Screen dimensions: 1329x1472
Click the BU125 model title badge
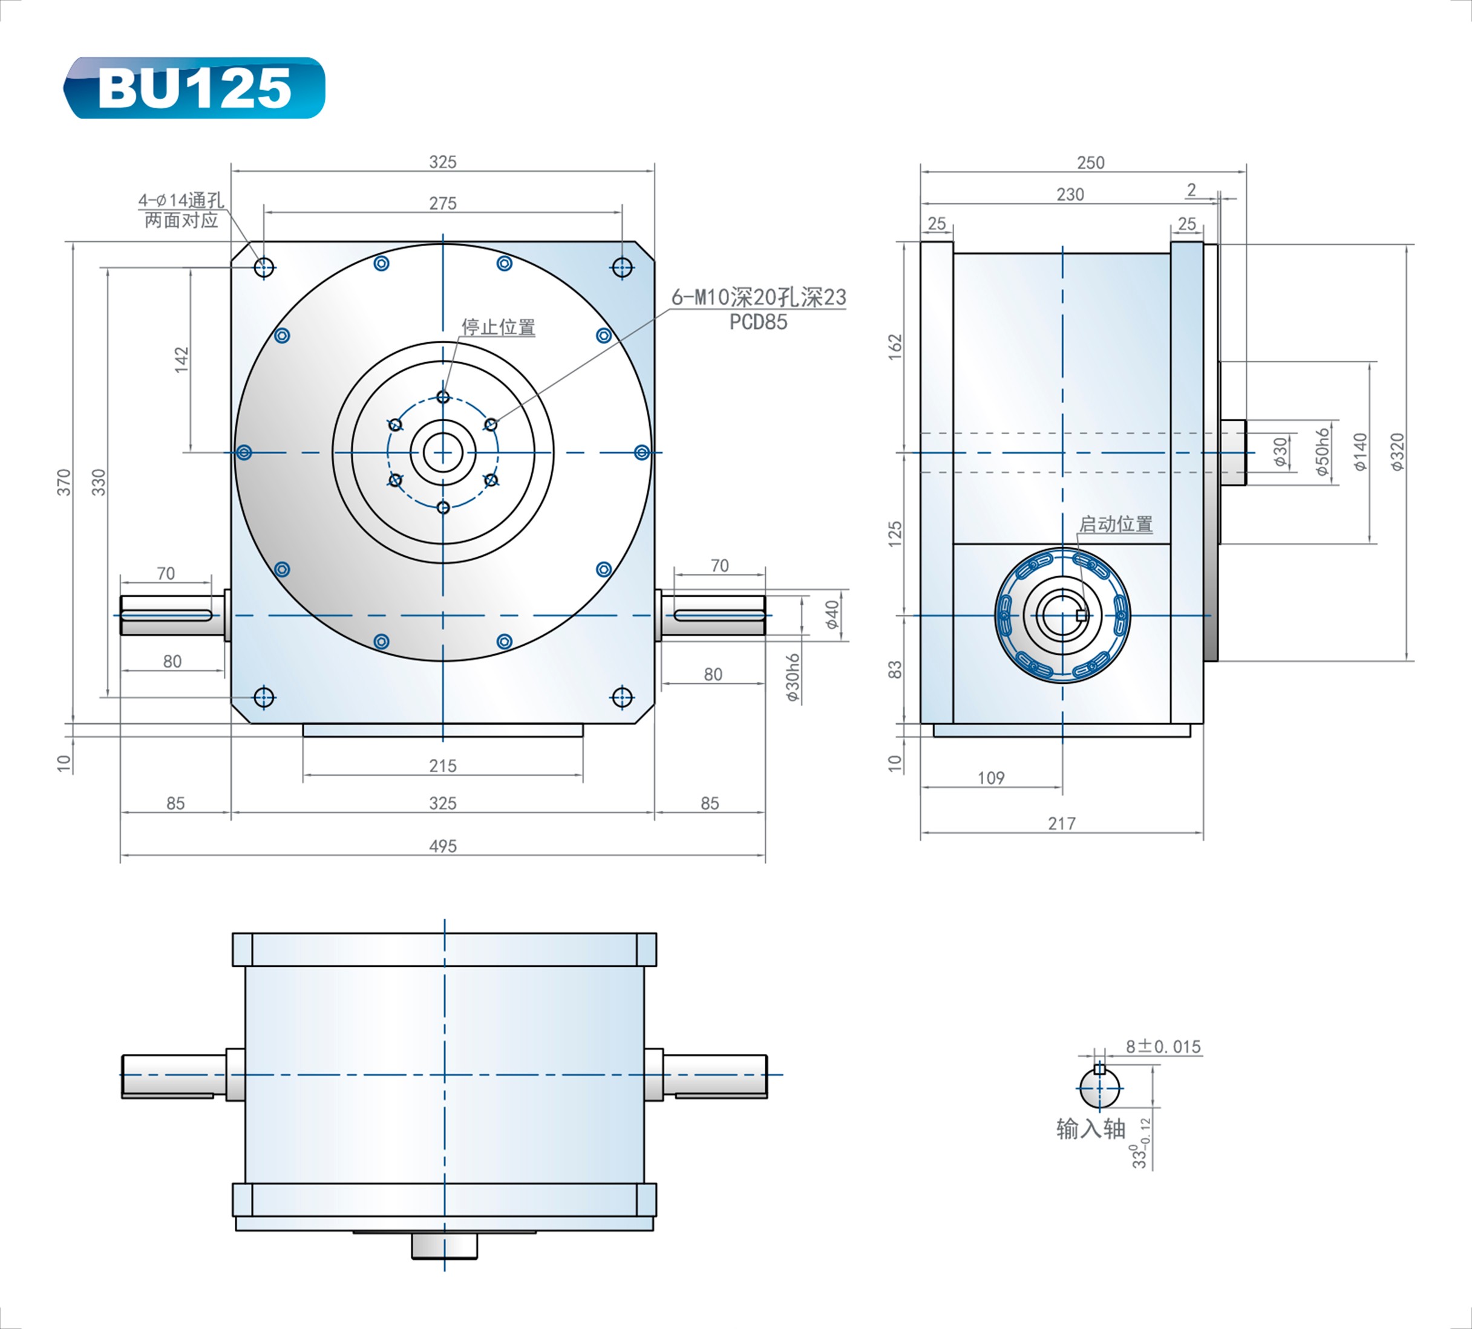(x=194, y=88)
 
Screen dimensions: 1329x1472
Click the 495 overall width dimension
(x=442, y=845)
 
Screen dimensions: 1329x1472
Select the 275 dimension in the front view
(x=442, y=203)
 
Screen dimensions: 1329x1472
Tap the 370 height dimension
(x=64, y=483)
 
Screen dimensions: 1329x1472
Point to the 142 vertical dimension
(x=181, y=359)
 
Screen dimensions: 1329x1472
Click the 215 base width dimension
(x=442, y=765)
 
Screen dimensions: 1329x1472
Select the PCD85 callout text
(x=758, y=322)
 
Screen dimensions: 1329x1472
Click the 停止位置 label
(x=498, y=327)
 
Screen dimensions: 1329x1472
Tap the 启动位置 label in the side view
(x=1116, y=524)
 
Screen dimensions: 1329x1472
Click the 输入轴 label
(x=1090, y=1129)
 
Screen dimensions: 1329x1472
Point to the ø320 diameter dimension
(x=1397, y=452)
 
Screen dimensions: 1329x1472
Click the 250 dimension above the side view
(x=1090, y=162)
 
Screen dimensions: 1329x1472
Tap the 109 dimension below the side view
(x=991, y=778)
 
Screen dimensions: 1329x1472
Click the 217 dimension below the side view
(x=1061, y=824)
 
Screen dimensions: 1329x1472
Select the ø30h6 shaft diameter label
(x=793, y=677)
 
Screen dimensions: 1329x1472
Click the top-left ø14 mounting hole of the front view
(x=264, y=267)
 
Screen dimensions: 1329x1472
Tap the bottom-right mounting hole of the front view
(x=621, y=698)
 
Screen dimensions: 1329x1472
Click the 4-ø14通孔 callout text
(x=181, y=200)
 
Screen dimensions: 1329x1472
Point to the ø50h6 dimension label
(x=1323, y=452)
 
